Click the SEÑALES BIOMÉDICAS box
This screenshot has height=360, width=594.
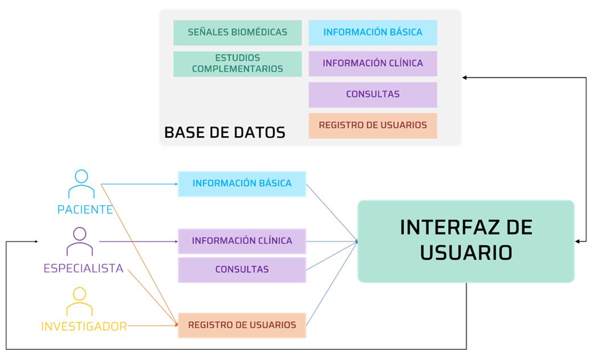point(237,32)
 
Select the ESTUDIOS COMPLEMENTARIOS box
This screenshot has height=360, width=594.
point(237,64)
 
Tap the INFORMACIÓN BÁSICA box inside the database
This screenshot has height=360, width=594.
point(373,32)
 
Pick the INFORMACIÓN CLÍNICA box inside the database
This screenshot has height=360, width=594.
point(373,63)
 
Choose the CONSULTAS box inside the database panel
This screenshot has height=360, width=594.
point(373,95)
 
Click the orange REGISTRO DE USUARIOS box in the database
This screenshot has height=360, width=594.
point(373,125)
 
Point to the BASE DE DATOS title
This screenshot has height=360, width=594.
point(225,133)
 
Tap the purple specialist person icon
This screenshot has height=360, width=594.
point(80,242)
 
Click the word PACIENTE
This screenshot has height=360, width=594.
point(85,210)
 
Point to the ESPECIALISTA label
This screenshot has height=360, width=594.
point(84,268)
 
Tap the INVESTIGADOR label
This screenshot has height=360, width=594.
point(84,327)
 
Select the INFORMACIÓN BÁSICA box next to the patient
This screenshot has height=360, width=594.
point(242,183)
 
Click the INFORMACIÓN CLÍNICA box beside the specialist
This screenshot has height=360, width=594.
point(242,241)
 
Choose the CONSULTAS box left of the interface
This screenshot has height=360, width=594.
point(242,269)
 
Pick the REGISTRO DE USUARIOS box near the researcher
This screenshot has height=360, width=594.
point(242,325)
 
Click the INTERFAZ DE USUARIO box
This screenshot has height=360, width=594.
point(466,241)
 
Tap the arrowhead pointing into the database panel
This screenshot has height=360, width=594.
point(465,77)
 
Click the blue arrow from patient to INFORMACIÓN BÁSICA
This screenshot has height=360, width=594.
point(140,184)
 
